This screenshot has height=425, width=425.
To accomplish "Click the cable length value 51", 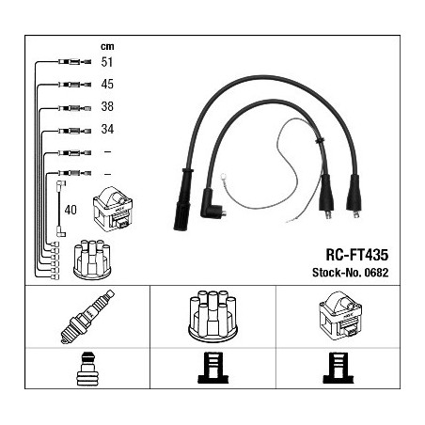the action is tap(107, 62).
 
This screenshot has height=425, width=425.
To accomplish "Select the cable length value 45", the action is tap(107, 84).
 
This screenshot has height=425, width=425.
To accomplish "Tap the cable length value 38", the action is tap(107, 106).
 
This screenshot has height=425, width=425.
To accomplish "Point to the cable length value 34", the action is tap(107, 129).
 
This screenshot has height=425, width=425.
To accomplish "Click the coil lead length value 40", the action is tap(71, 210).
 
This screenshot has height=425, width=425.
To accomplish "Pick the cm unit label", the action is tap(107, 46).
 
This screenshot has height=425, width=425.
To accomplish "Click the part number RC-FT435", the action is tap(357, 255).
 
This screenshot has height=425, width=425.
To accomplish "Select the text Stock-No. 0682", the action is tap(350, 273).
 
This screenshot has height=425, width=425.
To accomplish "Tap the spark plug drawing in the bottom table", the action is tap(87, 317).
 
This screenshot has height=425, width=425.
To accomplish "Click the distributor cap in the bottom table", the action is tap(212, 316).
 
